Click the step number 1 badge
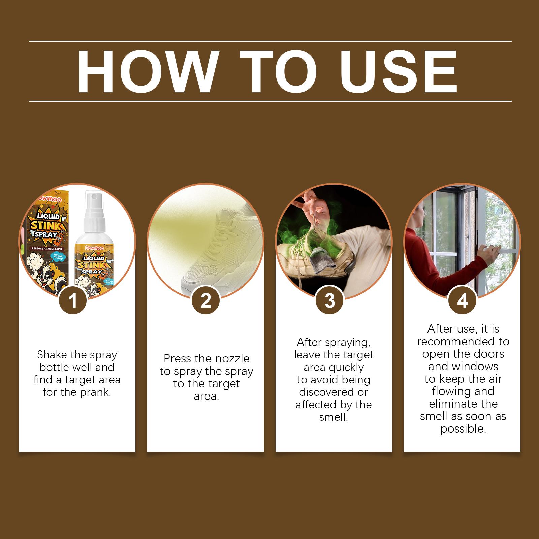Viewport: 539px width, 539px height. tap(73, 301)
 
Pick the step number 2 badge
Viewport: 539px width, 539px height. tap(205, 301)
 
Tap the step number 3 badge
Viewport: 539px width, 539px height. tap(330, 301)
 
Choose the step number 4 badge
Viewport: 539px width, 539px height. tap(463, 301)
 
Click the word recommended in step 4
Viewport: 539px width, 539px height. tap(463, 341)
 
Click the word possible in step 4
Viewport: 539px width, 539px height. tap(463, 429)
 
